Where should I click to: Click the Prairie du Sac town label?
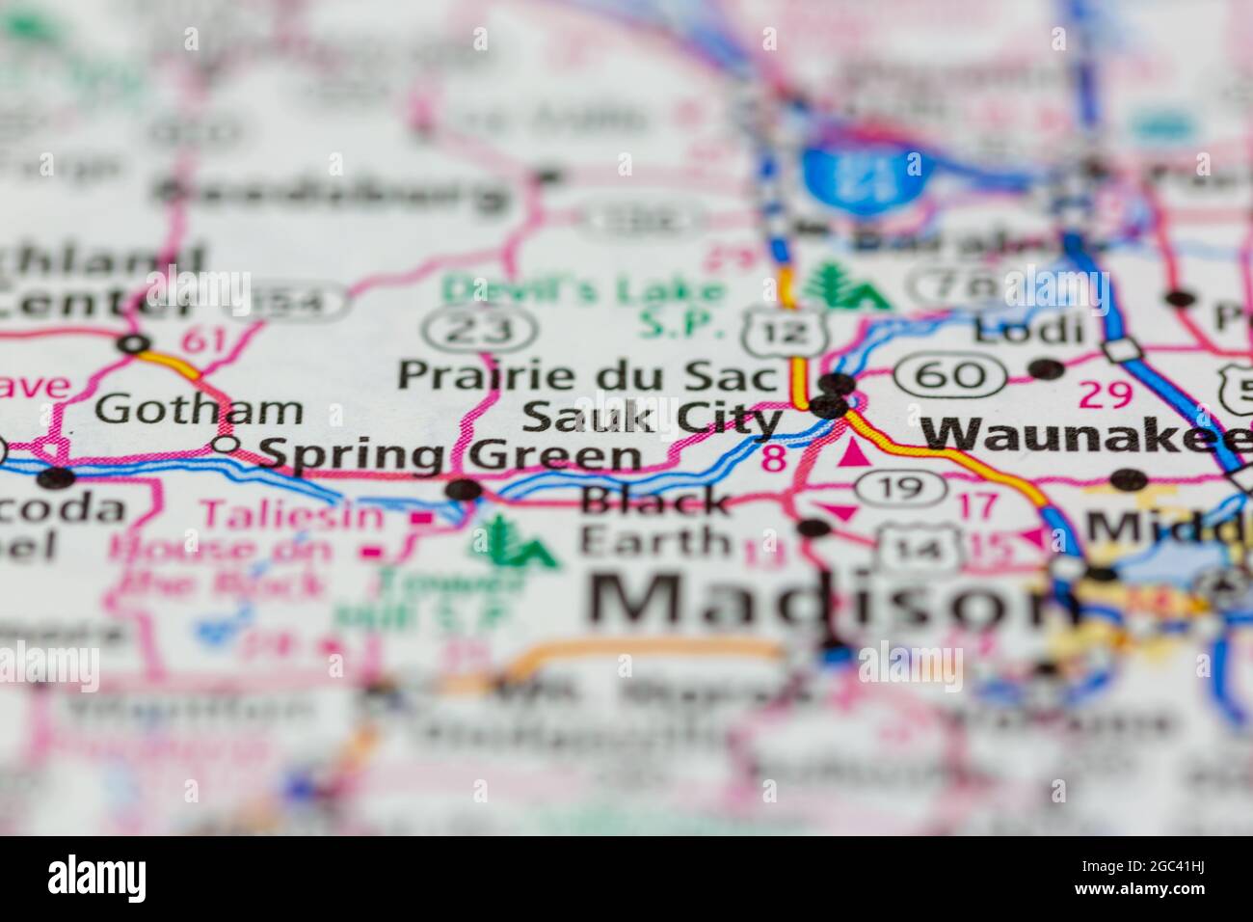(x=587, y=375)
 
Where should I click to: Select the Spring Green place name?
(x=451, y=455)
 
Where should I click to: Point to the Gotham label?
(x=200, y=410)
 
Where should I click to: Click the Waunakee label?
(x=1083, y=435)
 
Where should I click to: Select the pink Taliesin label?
(x=291, y=515)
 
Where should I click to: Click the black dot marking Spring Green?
(x=465, y=490)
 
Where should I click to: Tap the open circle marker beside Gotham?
(x=226, y=445)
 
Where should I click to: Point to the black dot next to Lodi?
(x=1046, y=368)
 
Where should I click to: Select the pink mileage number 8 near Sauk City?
(x=773, y=457)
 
